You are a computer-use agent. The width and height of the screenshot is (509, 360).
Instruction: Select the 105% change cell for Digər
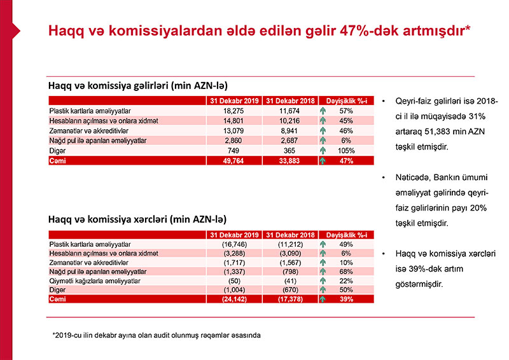[x=346, y=151]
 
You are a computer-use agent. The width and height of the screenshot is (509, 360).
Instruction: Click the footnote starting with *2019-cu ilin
[x=157, y=334]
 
